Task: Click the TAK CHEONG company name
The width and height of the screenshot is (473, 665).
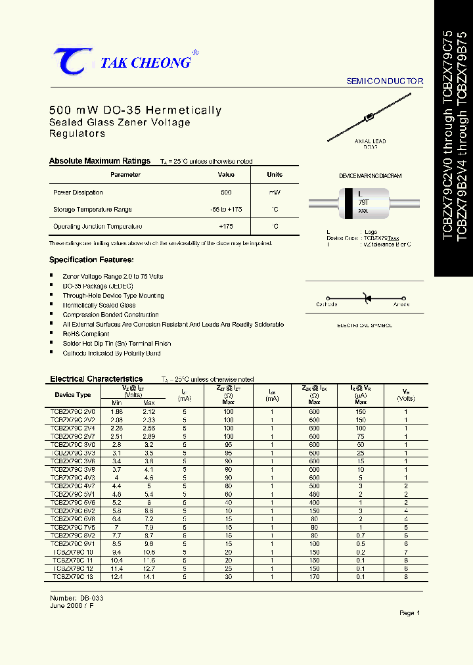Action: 145,63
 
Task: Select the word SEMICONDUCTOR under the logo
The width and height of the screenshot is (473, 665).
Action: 385,81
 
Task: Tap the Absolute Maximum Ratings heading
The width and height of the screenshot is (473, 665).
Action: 100,161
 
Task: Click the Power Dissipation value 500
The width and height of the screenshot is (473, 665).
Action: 226,193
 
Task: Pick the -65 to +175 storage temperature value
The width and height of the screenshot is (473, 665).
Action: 226,210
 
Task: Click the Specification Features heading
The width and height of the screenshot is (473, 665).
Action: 91,260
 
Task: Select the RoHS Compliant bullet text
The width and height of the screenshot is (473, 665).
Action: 86,334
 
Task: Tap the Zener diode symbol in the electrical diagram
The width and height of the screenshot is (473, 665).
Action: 366,300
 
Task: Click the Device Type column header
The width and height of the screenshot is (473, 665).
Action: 73,395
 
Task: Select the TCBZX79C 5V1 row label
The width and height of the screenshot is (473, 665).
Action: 73,494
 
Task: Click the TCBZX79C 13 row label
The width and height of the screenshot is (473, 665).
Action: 73,576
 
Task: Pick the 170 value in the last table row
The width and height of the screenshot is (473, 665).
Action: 314,576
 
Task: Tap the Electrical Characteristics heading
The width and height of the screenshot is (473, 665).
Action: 97,379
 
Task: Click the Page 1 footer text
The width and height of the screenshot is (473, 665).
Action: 409,613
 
